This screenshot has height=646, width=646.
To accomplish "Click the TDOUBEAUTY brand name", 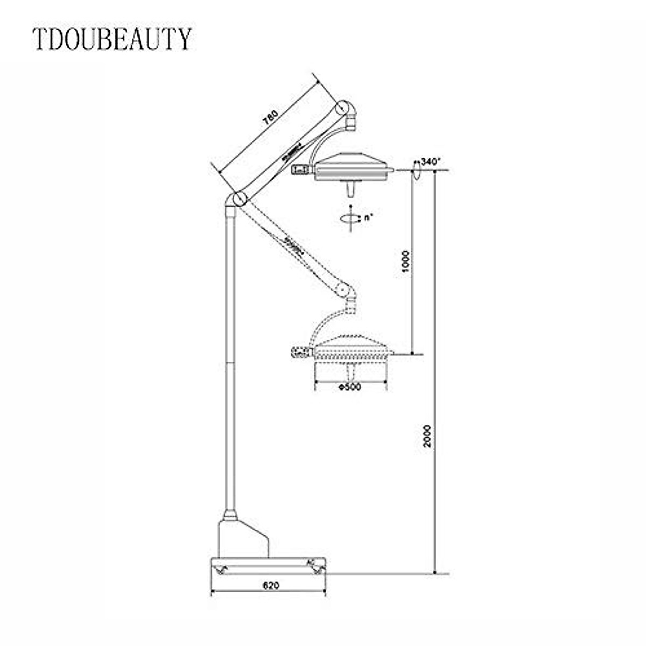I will [x=112, y=39].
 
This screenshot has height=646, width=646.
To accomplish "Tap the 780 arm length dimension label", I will [x=271, y=120].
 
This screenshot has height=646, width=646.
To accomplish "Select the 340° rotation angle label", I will [x=431, y=161].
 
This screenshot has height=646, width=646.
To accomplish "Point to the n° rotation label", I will [x=368, y=218].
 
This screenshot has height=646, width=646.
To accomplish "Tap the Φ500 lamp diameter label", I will [x=350, y=387].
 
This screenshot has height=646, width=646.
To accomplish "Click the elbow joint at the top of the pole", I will [x=236, y=199].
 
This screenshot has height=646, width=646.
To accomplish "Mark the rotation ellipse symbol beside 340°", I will [x=416, y=172].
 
